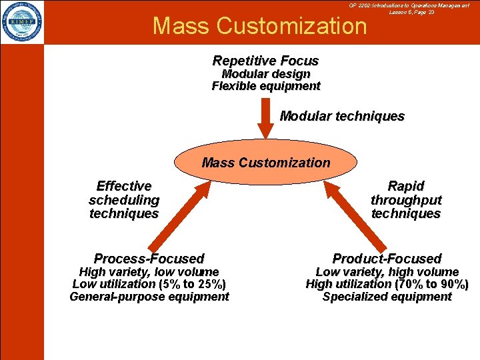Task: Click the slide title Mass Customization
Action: point(259,26)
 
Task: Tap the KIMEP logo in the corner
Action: point(22,22)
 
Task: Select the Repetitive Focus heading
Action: point(265,61)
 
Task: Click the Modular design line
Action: point(265,74)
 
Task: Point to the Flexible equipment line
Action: point(265,86)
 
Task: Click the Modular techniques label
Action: point(342,116)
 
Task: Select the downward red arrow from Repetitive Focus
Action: point(265,119)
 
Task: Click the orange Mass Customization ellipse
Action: point(265,163)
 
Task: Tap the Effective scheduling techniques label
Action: point(124,200)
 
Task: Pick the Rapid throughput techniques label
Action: point(406,200)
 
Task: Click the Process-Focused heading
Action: point(149,258)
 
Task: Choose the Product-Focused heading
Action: point(387,258)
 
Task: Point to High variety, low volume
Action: point(149,272)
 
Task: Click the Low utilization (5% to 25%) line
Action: point(149,284)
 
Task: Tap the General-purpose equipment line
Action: point(149,297)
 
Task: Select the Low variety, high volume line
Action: point(387,272)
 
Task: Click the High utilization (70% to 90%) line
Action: point(387,284)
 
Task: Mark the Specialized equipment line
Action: point(387,297)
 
